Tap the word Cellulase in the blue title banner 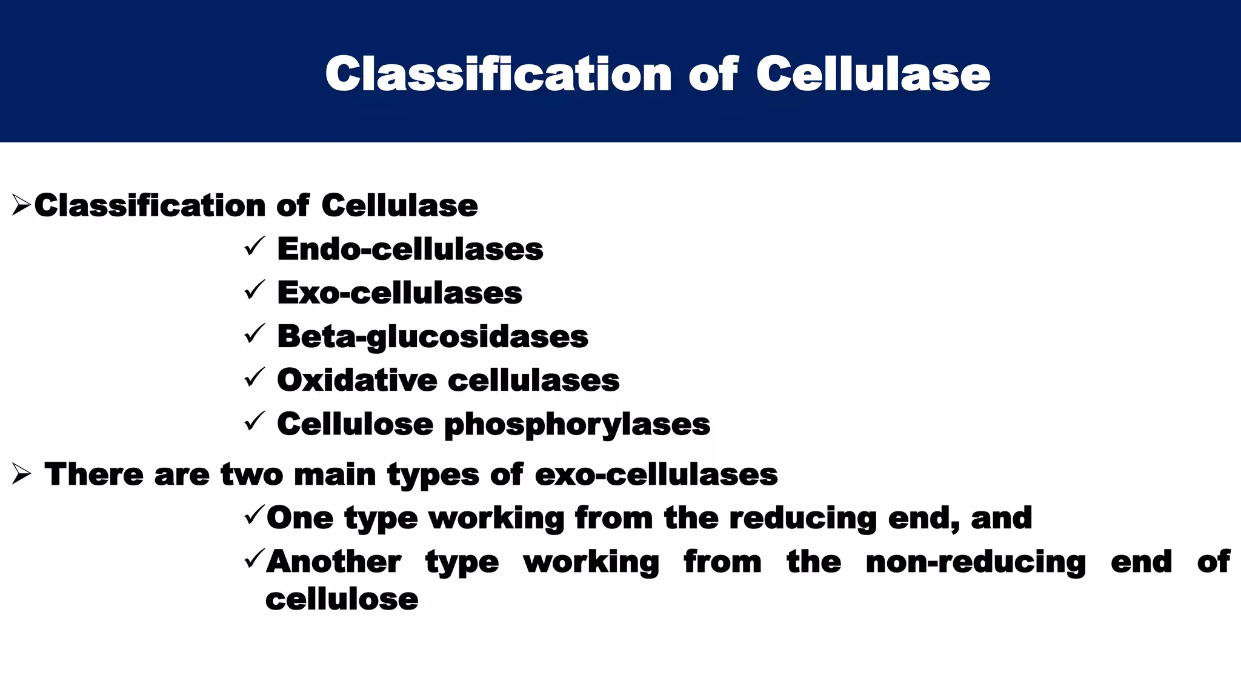pos(873,74)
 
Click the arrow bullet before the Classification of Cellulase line pos(21,205)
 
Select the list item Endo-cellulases pos(410,249)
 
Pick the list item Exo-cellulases pos(399,293)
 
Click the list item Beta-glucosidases pos(432,337)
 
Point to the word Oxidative pos(357,381)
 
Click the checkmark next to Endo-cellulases pos(254,247)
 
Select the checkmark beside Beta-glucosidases pos(254,334)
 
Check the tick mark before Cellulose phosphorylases pos(254,421)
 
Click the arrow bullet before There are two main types pos(21,474)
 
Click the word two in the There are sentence pos(251,474)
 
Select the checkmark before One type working pos(254,516)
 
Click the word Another pos(333,562)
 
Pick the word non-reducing pos(976,562)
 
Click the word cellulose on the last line pos(342,599)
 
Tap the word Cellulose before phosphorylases pos(355,424)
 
